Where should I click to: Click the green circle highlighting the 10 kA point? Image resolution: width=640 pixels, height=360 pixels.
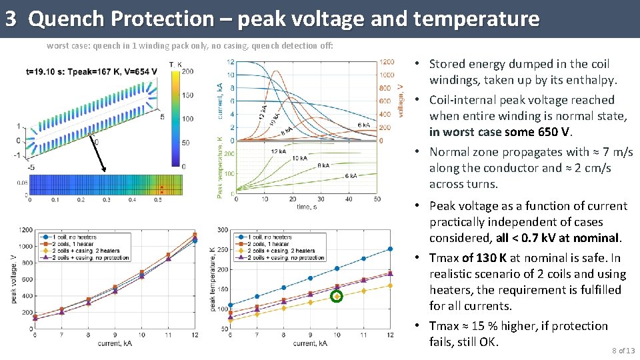click(337, 296)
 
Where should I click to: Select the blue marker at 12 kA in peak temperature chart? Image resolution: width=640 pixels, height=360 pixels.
click(390, 249)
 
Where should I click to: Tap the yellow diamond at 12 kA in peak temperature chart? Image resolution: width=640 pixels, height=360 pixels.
click(390, 285)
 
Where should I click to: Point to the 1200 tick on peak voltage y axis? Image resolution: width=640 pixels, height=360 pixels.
click(26, 230)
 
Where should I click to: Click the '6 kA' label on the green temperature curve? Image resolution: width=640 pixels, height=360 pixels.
click(349, 176)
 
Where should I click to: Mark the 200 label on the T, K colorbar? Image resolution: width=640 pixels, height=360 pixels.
click(187, 71)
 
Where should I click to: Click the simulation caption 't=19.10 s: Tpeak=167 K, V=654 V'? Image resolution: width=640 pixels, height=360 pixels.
click(92, 71)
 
